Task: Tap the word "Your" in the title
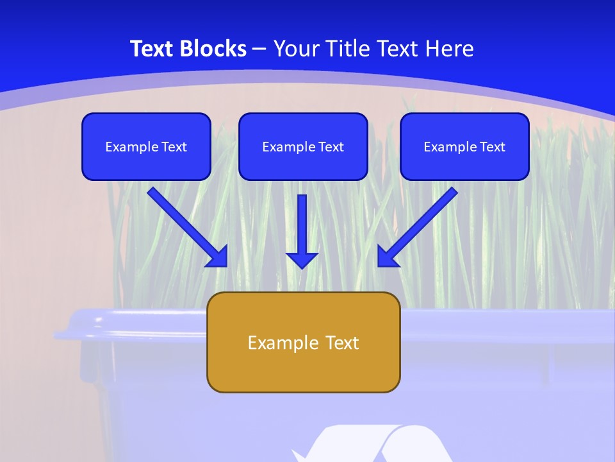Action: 298,49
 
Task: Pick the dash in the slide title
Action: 259,49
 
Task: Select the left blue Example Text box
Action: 146,146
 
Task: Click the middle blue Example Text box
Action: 303,146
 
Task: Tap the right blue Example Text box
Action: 464,146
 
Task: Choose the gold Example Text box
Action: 303,342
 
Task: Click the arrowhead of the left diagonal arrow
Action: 218,257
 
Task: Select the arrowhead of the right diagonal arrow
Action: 387,257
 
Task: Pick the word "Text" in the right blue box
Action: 492,147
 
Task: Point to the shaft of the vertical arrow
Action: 302,221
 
